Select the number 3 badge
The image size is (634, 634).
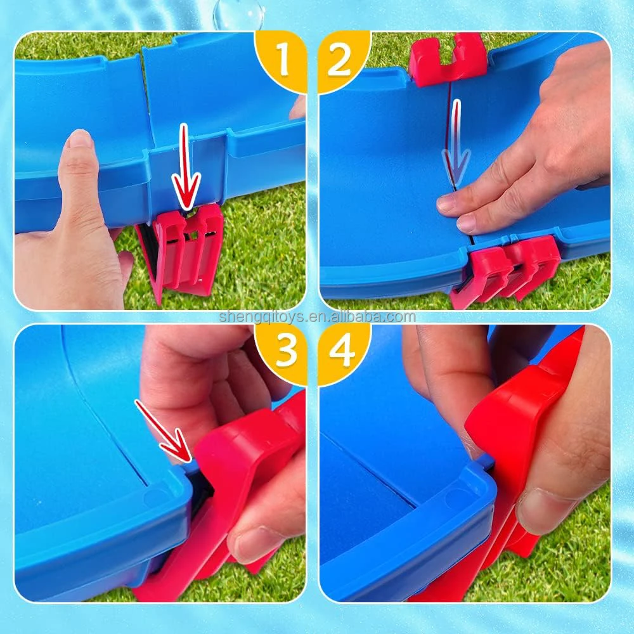click(x=283, y=351)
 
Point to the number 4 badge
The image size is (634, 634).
click(x=341, y=351)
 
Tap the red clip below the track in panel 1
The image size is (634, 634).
click(x=184, y=250)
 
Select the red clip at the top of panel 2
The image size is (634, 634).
click(x=448, y=58)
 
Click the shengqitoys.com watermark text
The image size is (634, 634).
click(x=317, y=317)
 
